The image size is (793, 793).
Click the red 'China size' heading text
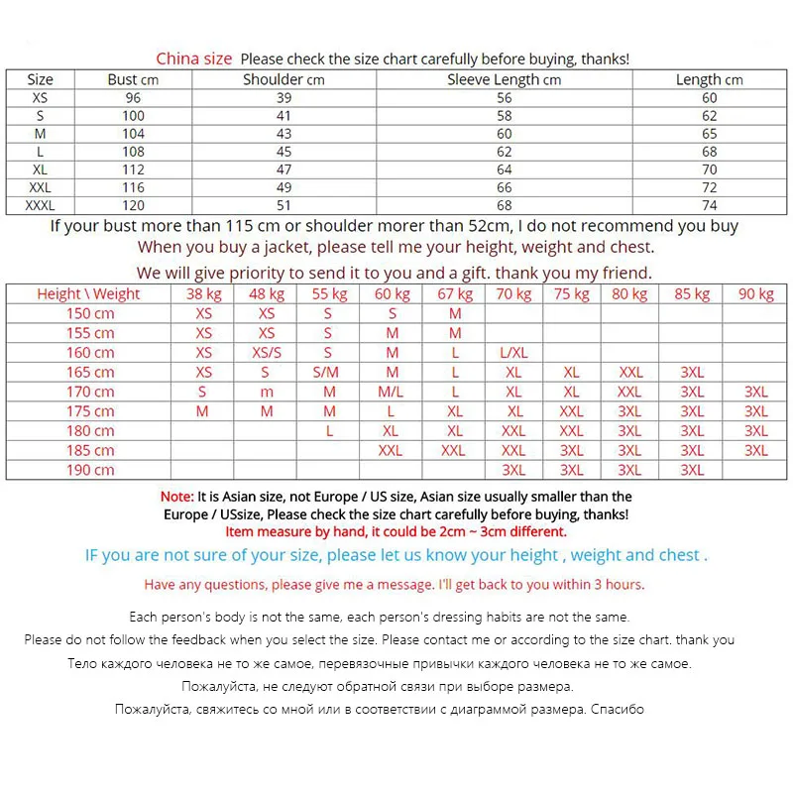click(x=194, y=58)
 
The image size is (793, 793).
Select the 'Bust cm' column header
click(x=133, y=79)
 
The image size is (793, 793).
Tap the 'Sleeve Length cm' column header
click(x=504, y=79)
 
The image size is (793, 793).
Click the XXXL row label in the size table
click(x=40, y=205)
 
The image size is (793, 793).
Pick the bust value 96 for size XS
click(x=133, y=98)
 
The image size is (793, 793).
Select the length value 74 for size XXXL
click(x=709, y=205)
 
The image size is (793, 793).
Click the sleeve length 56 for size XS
click(x=504, y=98)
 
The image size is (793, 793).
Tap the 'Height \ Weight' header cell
click(x=88, y=293)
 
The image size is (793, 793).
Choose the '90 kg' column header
click(x=755, y=293)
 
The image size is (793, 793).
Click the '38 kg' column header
click(x=203, y=293)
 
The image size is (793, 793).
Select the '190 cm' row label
click(x=90, y=470)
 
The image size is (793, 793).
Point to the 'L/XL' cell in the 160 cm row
click(x=513, y=353)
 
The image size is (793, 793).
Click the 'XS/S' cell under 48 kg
click(x=266, y=353)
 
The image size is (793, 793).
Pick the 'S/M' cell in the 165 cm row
click(x=327, y=373)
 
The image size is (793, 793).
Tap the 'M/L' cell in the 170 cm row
click(x=392, y=392)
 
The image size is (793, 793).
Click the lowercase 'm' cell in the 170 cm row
click(x=266, y=392)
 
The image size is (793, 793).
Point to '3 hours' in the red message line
click(x=616, y=585)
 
